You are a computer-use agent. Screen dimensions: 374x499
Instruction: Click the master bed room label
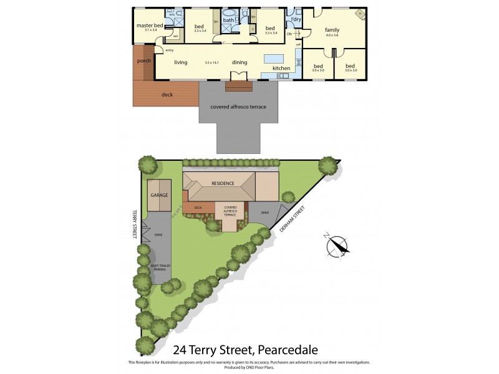(149, 25)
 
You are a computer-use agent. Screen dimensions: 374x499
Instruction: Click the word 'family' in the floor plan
(332, 29)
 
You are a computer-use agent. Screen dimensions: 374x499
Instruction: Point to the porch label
(144, 61)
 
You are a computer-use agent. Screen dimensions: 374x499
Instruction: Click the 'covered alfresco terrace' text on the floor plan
(238, 107)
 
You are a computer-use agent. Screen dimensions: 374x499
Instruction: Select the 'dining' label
(240, 62)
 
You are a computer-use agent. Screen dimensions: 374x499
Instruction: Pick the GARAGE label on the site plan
(159, 194)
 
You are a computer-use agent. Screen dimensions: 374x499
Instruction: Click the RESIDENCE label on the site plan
(222, 183)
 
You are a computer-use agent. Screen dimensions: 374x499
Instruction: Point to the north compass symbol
(337, 246)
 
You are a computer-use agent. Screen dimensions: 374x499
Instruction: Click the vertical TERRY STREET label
(133, 223)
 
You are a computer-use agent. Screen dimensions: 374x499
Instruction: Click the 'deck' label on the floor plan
(167, 95)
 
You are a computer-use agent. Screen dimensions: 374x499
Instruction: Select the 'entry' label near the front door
(170, 50)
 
